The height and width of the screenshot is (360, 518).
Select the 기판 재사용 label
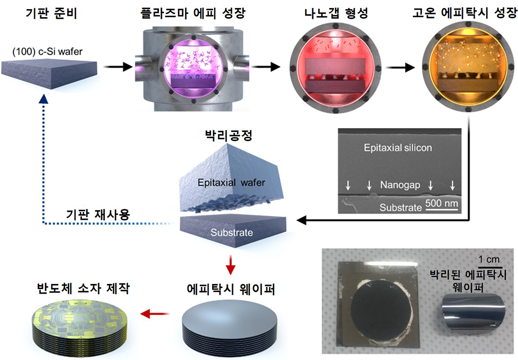tap(98, 214)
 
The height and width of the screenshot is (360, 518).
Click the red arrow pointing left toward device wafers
tap(153, 314)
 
